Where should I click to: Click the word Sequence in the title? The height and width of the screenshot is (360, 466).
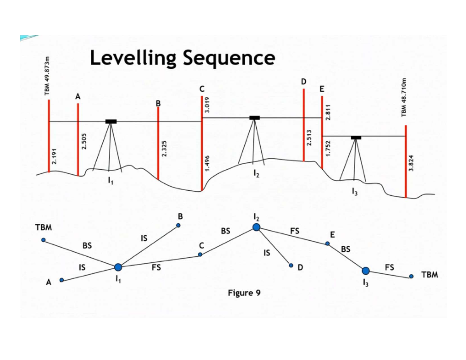(229, 58)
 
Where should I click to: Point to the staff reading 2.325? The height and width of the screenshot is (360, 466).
(164, 149)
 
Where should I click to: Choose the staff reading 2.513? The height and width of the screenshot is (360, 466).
(309, 138)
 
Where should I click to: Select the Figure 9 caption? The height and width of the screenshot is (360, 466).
(244, 293)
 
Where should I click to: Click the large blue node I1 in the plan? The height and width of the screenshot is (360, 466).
(118, 267)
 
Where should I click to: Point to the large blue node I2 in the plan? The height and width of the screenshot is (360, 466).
(256, 227)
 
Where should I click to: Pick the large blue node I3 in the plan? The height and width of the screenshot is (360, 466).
(365, 271)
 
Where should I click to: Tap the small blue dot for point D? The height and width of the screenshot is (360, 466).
(291, 266)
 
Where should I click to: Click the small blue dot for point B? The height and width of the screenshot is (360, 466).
(178, 225)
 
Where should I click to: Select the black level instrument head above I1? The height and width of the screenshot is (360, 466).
(111, 122)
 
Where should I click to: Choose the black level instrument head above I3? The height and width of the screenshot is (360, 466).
(356, 137)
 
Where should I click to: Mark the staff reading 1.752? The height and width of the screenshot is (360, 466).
(328, 148)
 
